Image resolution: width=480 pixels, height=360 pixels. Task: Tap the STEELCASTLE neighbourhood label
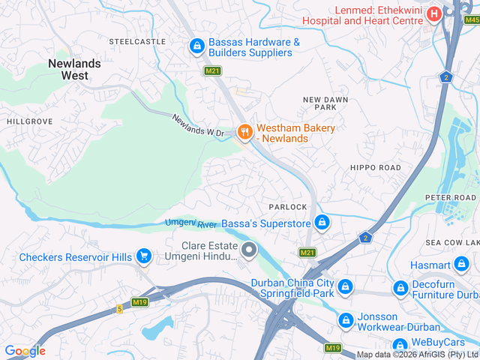(x=138, y=41)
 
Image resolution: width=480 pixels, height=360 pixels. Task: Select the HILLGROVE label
(x=30, y=121)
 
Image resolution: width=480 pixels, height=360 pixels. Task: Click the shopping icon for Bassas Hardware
(x=196, y=46)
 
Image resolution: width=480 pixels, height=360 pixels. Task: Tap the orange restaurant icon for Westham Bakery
(x=244, y=132)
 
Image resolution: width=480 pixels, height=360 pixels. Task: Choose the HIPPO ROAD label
(x=376, y=167)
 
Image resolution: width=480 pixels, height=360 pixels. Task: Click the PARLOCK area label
(x=288, y=207)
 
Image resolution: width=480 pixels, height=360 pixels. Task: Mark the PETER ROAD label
(x=451, y=197)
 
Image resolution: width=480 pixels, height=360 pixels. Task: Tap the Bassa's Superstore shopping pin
(x=322, y=222)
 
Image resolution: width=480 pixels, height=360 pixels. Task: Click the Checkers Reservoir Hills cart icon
(x=144, y=257)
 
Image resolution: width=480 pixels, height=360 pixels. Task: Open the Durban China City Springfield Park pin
(x=345, y=286)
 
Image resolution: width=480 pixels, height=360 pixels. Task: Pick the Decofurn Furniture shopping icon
(x=401, y=288)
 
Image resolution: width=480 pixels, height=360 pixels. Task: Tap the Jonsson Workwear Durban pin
(x=345, y=320)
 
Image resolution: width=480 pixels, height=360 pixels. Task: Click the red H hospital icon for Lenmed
(x=433, y=14)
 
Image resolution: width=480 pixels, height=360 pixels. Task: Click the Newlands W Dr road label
(x=198, y=126)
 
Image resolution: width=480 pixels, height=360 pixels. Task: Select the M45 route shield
(x=471, y=19)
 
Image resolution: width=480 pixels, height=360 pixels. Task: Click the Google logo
(x=25, y=350)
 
